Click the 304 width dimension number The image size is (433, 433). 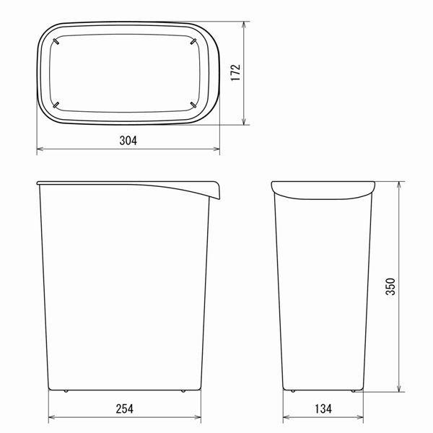point(128,141)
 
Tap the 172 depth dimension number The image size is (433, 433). point(236,73)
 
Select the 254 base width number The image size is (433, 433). point(125,409)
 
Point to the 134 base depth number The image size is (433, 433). point(323,409)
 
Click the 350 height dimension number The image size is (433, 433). point(390,287)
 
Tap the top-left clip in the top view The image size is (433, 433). point(56,41)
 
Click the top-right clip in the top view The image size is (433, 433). point(193,41)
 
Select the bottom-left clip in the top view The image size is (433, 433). point(56,105)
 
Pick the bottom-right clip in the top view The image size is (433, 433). point(193,105)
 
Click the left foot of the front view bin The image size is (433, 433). point(66,391)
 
